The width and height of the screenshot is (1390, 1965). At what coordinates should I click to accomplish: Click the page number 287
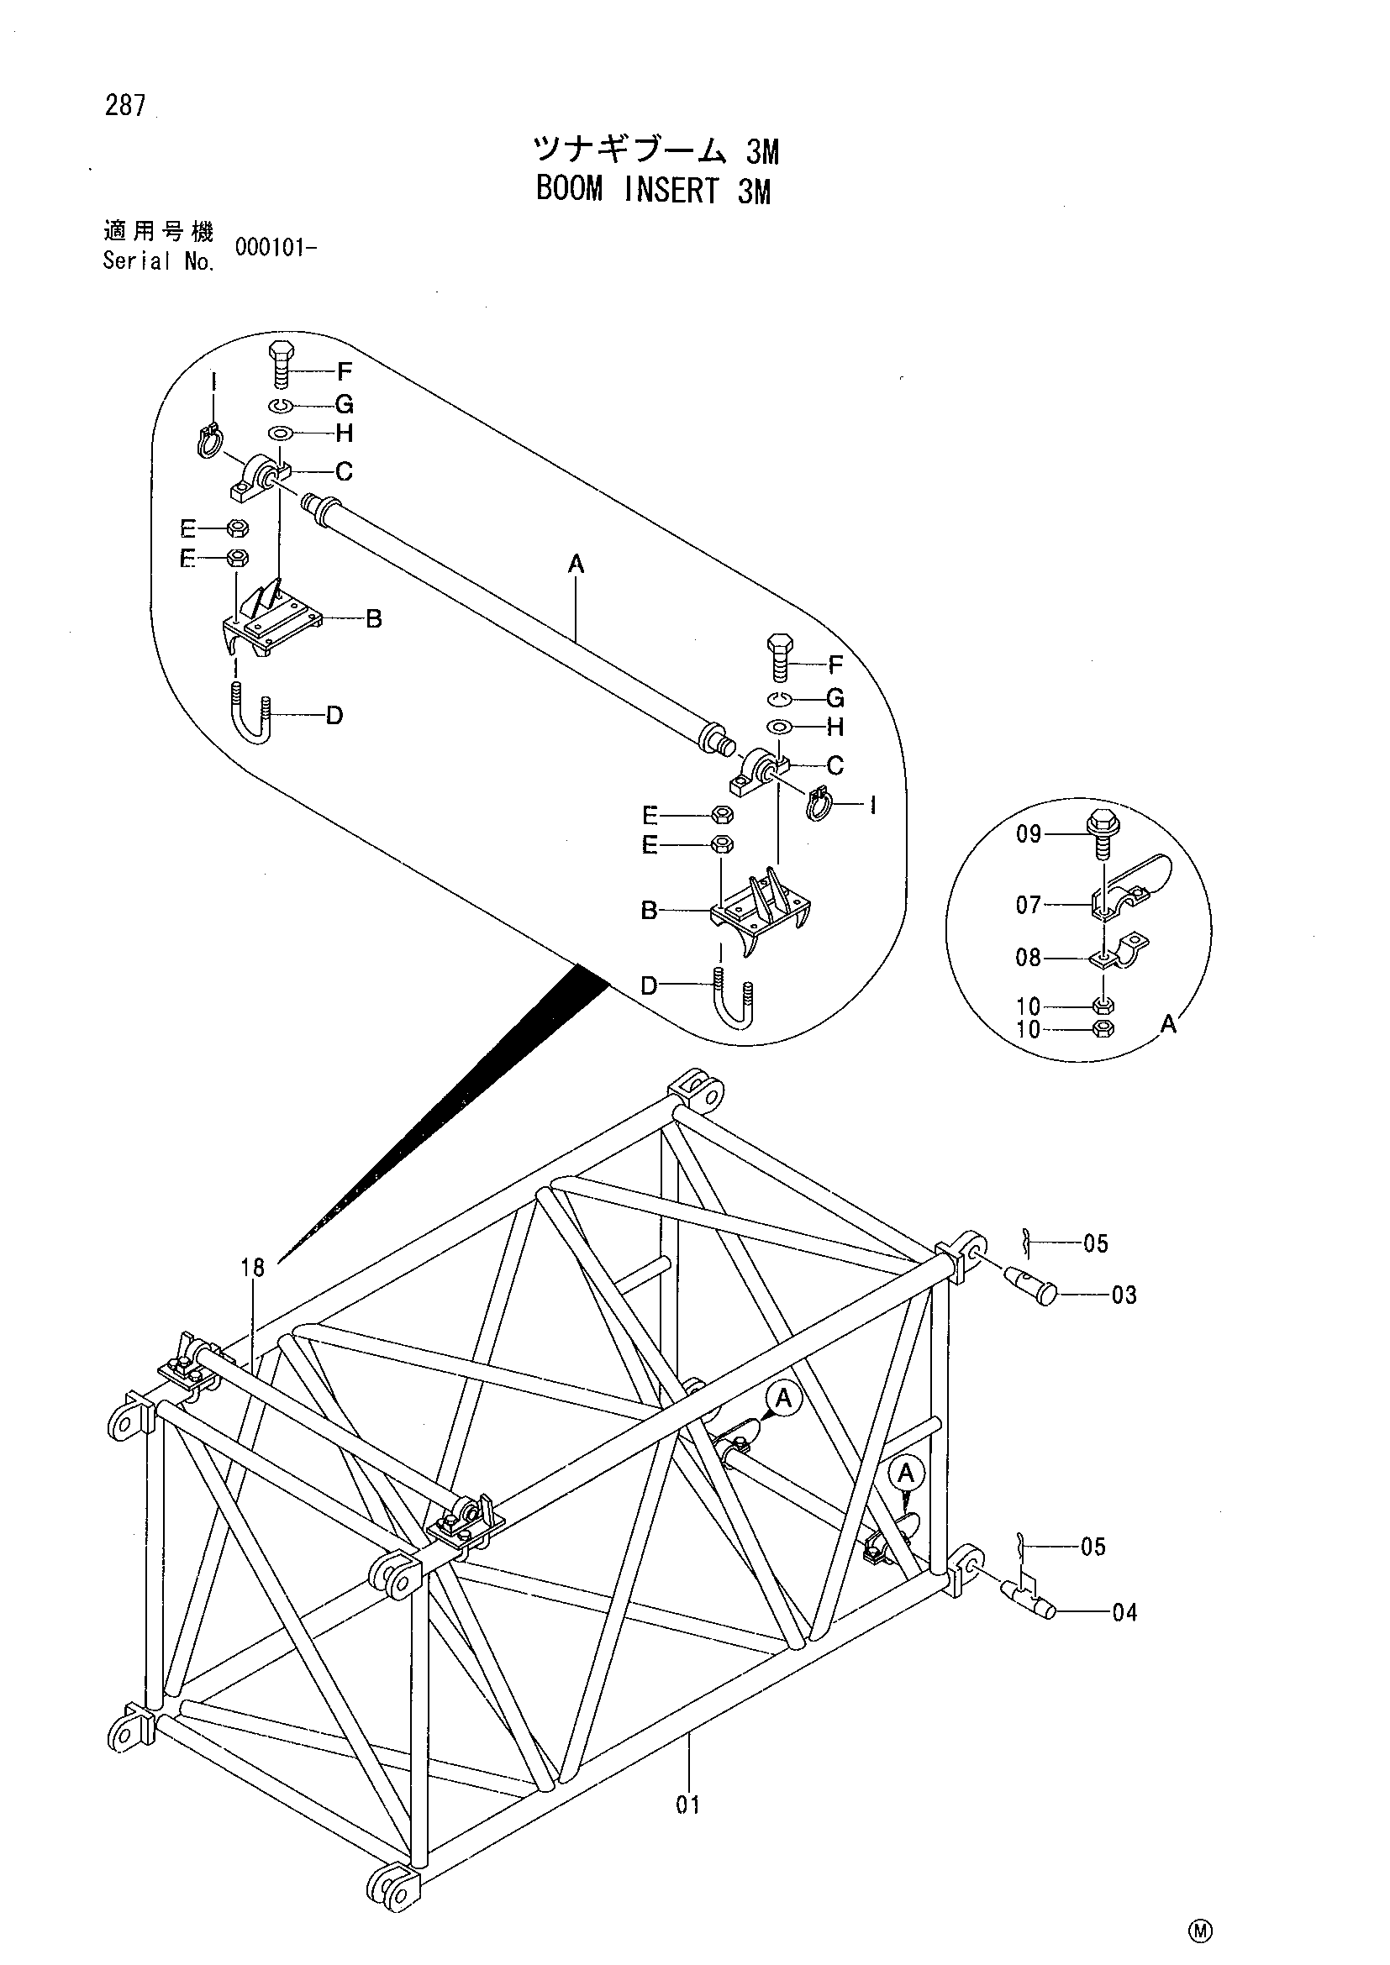(x=126, y=106)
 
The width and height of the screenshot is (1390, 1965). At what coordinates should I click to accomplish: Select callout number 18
(x=253, y=1268)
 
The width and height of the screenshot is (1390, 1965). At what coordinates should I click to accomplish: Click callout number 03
(x=1124, y=1295)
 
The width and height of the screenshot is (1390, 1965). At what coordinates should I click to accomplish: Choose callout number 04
(x=1124, y=1612)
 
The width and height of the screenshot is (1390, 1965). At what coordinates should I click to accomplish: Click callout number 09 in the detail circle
(x=1029, y=833)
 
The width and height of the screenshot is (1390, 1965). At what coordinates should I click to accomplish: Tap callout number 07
(x=1029, y=905)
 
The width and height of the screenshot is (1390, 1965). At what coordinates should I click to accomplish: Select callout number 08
(x=1029, y=958)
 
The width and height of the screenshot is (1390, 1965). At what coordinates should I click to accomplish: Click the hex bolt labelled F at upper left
(x=282, y=366)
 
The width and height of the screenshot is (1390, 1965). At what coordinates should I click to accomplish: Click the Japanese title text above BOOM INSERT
(x=656, y=150)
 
